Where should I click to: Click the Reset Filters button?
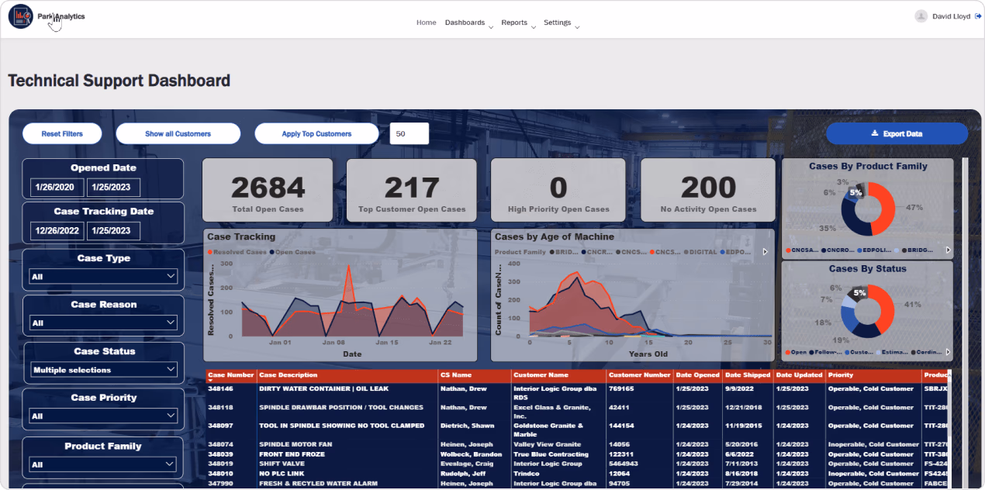pyautogui.click(x=62, y=133)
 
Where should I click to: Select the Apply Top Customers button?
pyautogui.click(x=316, y=133)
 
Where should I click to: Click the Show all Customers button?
pyautogui.click(x=178, y=133)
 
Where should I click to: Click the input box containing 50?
pyautogui.click(x=409, y=133)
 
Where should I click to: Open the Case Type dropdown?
pyautogui.click(x=104, y=276)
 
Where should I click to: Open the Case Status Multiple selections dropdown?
pyautogui.click(x=104, y=370)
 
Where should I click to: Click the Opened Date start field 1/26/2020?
pyautogui.click(x=57, y=187)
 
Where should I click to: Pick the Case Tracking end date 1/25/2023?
pyautogui.click(x=113, y=230)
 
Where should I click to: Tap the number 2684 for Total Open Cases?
pyautogui.click(x=268, y=188)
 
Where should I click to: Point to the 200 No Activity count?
pyautogui.click(x=708, y=188)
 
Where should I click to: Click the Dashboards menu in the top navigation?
pyautogui.click(x=465, y=22)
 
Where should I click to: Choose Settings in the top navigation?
pyautogui.click(x=558, y=22)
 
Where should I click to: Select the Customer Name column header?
pyautogui.click(x=541, y=375)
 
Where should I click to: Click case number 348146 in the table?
pyautogui.click(x=221, y=389)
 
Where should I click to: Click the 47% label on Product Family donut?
pyautogui.click(x=914, y=207)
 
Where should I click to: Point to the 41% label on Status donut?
pyautogui.click(x=912, y=304)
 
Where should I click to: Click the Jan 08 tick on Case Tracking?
pyautogui.click(x=334, y=342)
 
